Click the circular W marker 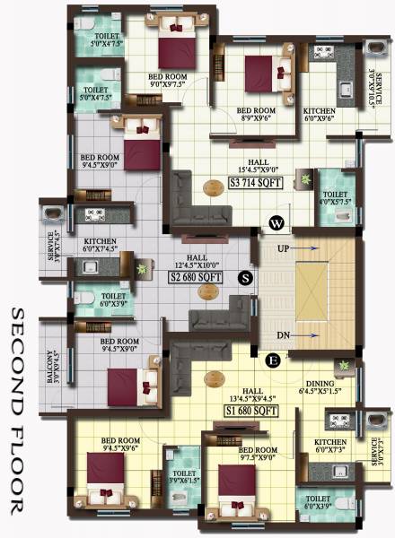[x=277, y=222]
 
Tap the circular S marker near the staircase [x=245, y=278]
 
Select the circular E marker [x=274, y=360]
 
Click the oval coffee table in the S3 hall [x=214, y=188]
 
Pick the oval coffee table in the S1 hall [x=214, y=378]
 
